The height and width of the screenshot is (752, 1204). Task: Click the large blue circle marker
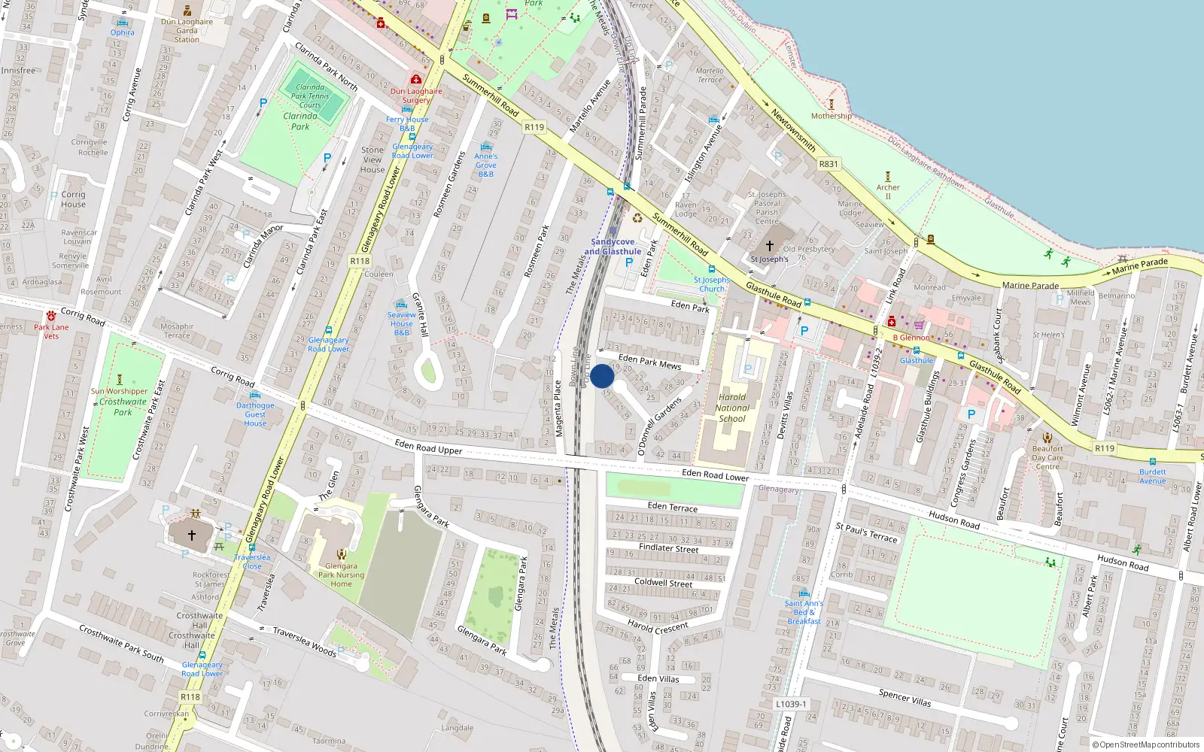tap(602, 376)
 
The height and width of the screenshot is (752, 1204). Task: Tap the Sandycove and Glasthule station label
tap(613, 247)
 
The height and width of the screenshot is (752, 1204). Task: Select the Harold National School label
tap(732, 408)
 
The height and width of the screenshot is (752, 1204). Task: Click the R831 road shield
tap(828, 164)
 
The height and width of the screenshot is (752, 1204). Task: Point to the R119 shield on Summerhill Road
tap(534, 127)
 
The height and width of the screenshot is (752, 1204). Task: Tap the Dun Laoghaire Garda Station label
tap(187, 30)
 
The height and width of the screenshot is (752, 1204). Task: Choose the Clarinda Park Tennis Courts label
tap(310, 96)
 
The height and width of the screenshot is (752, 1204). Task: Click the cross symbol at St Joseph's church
tap(770, 245)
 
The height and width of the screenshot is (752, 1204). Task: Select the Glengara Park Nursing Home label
tap(341, 575)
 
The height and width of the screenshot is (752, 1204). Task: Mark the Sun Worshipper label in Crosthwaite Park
tap(120, 391)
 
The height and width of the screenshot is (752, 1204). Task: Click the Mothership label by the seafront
tap(832, 116)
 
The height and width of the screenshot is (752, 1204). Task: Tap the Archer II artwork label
tap(888, 192)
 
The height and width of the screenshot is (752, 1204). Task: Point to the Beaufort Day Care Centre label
tap(1047, 457)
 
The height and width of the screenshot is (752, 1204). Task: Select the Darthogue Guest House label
tap(255, 414)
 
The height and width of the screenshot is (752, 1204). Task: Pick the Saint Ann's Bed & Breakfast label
tap(804, 612)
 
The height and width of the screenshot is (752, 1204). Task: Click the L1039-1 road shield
tap(791, 704)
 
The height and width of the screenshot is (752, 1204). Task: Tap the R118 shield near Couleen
tap(360, 261)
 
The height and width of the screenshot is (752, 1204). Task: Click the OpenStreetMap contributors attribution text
tap(1148, 745)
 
